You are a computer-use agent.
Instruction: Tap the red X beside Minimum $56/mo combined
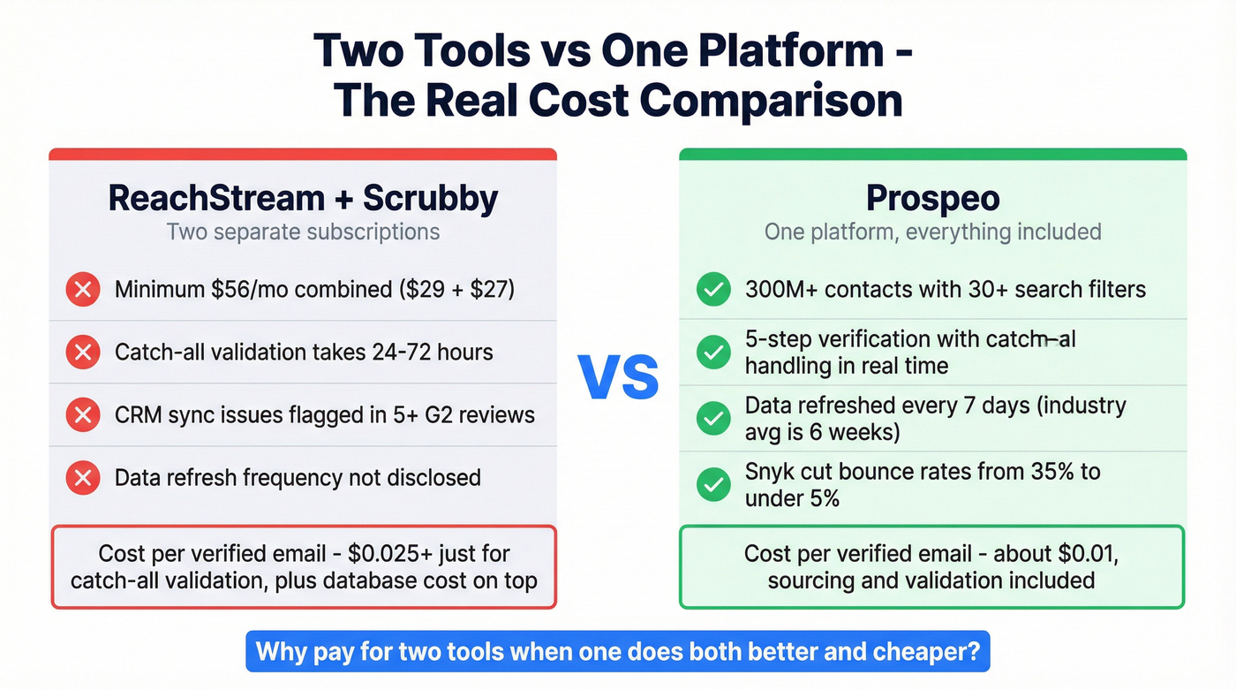coord(83,290)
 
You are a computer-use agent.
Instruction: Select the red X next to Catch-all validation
coord(83,353)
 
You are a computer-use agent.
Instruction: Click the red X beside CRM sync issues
coord(83,415)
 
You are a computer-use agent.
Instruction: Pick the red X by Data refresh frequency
coord(83,478)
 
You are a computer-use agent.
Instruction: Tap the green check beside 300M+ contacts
coord(712,290)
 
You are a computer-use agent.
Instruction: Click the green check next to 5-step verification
coord(712,353)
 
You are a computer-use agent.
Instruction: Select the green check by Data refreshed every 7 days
coord(712,418)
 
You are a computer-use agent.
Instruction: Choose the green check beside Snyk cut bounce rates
coord(712,483)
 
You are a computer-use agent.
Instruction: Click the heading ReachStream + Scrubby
coord(303,198)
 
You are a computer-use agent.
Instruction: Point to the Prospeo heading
coord(932,198)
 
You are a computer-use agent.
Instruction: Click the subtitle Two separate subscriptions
coord(303,232)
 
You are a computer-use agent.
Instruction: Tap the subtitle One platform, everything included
coord(932,232)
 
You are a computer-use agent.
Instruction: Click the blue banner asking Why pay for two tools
coord(618,653)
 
